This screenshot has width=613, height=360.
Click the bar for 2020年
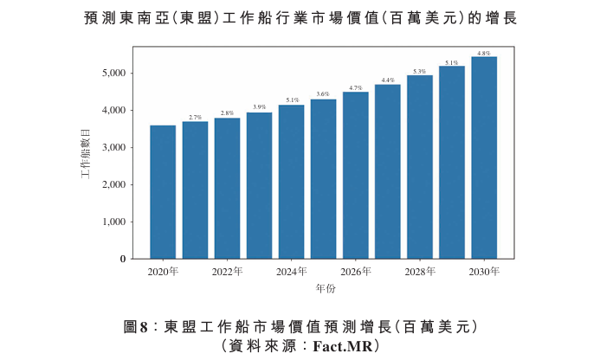(x=163, y=192)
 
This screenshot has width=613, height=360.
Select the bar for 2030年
(x=484, y=157)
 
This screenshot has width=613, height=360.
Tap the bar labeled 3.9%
(x=259, y=186)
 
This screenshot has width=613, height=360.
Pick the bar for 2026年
(x=356, y=175)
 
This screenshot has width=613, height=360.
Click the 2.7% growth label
(x=195, y=118)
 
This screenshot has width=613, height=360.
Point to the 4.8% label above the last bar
(x=484, y=53)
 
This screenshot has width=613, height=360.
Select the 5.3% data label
(x=419, y=72)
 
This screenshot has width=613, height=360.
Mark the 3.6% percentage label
(x=323, y=94)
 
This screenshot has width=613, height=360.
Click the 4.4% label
(x=388, y=80)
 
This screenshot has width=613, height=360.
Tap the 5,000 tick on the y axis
(x=114, y=73)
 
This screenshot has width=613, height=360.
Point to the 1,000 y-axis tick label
(x=114, y=222)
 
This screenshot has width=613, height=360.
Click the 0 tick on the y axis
(x=123, y=259)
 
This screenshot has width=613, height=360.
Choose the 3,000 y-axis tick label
(x=114, y=147)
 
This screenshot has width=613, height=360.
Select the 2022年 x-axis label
(x=227, y=271)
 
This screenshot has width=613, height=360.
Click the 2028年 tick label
(x=420, y=271)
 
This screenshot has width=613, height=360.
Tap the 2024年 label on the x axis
(x=292, y=271)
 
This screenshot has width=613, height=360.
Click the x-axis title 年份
(x=326, y=288)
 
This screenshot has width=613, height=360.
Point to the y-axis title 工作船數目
(x=86, y=154)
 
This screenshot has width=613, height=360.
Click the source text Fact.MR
(x=343, y=346)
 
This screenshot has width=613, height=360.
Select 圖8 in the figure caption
(x=136, y=327)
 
